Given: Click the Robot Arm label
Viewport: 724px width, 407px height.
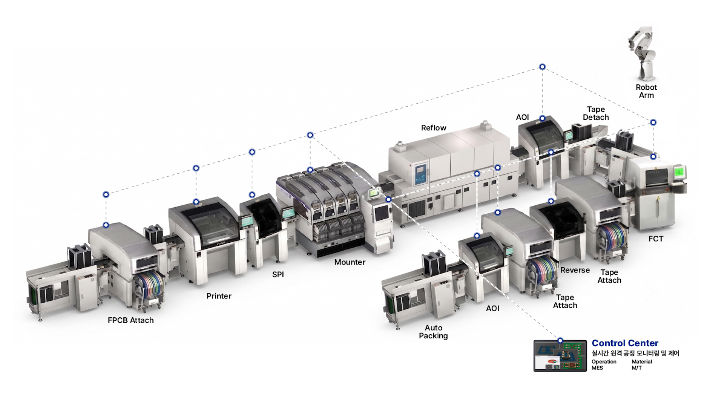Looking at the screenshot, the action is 646,91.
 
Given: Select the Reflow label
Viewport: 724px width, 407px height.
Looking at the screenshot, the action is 433,128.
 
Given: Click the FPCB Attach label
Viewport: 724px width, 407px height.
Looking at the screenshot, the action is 130,320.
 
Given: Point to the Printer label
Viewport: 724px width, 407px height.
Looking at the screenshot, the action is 219,296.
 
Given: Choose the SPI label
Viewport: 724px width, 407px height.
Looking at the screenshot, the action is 278,275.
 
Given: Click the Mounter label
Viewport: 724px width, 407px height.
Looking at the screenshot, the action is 350,262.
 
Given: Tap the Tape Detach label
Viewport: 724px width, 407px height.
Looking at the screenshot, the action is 596,113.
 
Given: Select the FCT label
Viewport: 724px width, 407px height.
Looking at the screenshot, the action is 656,239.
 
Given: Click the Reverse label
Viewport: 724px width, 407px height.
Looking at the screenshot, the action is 575,270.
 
